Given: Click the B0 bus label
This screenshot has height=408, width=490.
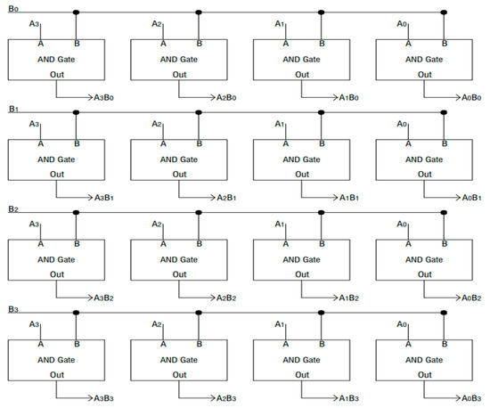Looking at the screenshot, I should [13, 8].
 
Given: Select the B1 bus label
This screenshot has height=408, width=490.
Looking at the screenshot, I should [13, 108].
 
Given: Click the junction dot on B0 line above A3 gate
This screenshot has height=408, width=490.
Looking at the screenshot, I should [77, 13].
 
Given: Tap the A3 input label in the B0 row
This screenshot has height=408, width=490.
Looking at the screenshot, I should [35, 24].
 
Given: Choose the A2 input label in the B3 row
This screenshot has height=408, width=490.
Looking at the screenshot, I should [157, 325].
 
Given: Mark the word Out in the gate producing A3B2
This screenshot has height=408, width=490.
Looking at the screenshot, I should [56, 273].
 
